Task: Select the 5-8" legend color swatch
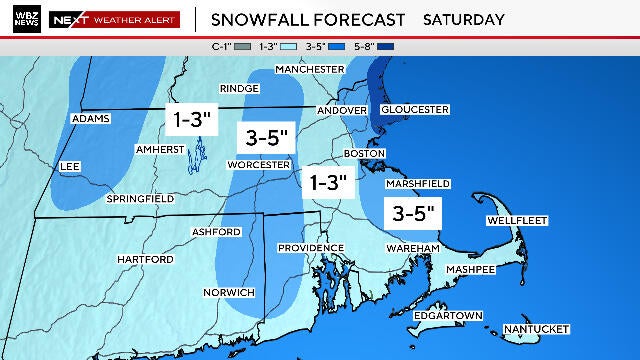417,44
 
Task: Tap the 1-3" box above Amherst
191,118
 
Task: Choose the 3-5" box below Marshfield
413,213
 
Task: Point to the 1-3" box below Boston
328,182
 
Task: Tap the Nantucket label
535,329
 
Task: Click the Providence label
310,248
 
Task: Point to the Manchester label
309,69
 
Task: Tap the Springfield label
141,199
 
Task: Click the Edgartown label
447,316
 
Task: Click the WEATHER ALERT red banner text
135,19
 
